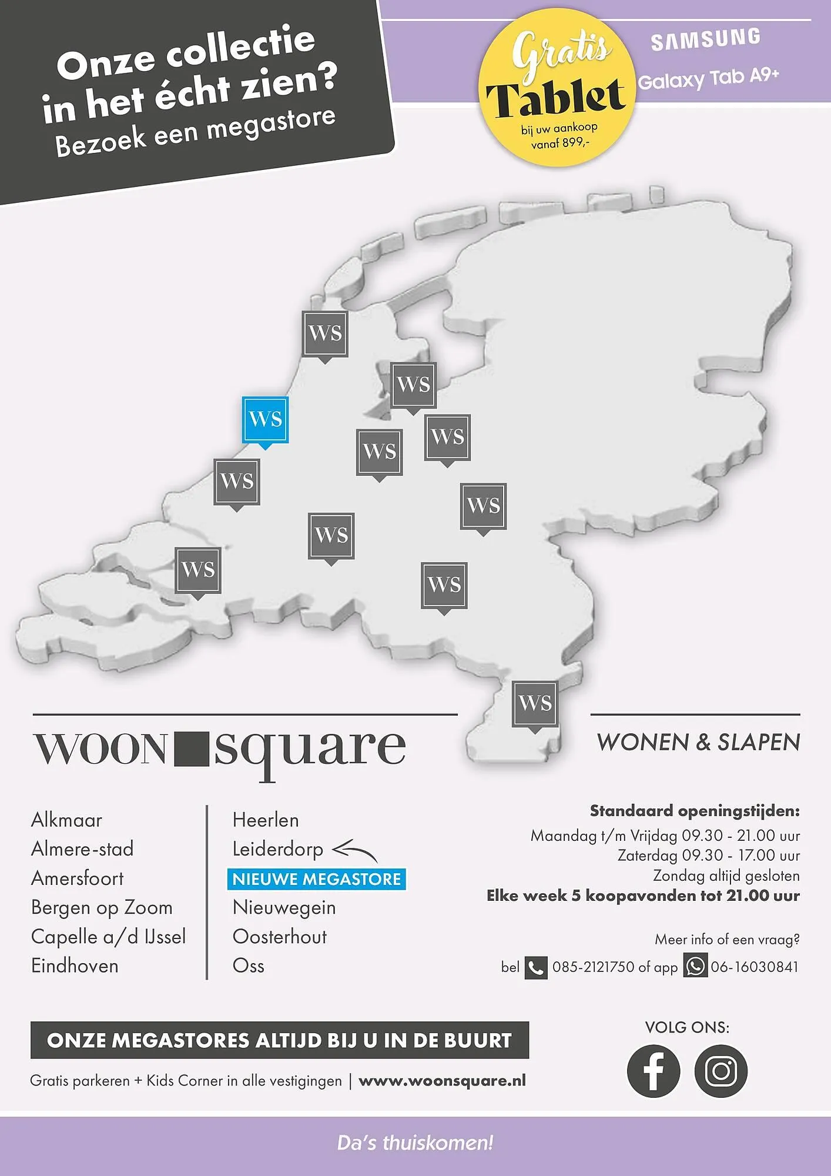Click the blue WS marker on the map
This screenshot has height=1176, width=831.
tap(265, 420)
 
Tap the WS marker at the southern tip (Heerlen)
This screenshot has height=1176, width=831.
tap(535, 703)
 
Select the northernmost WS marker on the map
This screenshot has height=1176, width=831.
tap(325, 333)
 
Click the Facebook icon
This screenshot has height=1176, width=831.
tap(653, 1071)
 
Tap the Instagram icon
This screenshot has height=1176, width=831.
tap(721, 1071)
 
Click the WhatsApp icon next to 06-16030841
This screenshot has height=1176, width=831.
tap(695, 967)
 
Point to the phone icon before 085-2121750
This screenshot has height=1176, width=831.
tap(535, 967)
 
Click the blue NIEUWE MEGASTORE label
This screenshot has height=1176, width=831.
tap(316, 879)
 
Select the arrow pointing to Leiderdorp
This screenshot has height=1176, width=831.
tap(355, 851)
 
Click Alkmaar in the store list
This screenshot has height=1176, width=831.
tap(66, 820)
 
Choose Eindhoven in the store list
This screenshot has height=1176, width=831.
tap(75, 965)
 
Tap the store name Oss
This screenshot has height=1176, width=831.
tap(248, 965)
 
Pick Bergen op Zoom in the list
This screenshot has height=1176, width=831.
tap(102, 907)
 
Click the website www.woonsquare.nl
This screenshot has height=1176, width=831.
tap(442, 1081)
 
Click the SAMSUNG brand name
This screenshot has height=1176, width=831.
tap(705, 39)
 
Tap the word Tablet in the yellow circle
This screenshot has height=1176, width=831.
tap(555, 98)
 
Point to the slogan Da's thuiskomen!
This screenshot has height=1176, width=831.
tap(415, 1143)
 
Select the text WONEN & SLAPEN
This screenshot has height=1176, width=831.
tap(698, 743)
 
